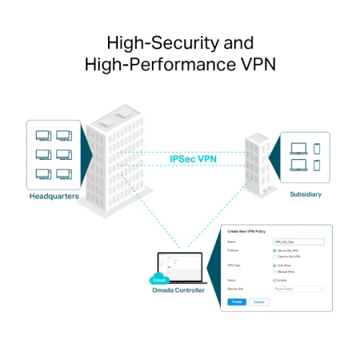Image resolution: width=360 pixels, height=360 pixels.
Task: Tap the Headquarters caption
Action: pyautogui.click(x=54, y=196)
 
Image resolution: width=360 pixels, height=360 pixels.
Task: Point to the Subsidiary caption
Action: pyautogui.click(x=305, y=194)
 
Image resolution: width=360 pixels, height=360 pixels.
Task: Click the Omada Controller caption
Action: pyautogui.click(x=178, y=290)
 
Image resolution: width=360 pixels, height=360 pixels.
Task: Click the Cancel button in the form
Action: pyautogui.click(x=258, y=302)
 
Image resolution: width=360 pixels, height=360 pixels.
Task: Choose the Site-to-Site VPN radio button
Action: pyautogui.click(x=275, y=251)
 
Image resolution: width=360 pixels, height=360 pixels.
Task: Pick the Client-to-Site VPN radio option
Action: pyautogui.click(x=275, y=257)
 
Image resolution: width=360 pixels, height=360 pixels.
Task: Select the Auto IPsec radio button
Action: pyautogui.click(x=275, y=266)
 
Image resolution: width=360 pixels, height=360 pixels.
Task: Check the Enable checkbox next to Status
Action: pyautogui.click(x=275, y=280)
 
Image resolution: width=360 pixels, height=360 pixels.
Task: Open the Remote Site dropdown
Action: pyautogui.click(x=299, y=289)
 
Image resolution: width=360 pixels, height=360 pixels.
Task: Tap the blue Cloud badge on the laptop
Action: pyautogui.click(x=158, y=279)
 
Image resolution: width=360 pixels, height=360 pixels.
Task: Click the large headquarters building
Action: pyautogui.click(x=119, y=158)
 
